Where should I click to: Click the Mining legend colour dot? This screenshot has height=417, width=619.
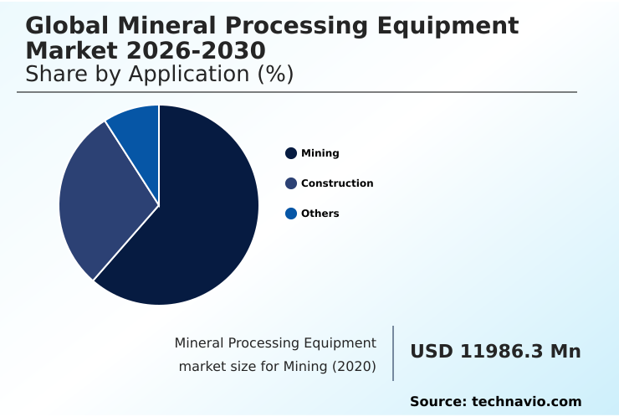[x=291, y=153]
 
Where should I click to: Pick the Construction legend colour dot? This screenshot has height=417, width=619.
[x=291, y=183]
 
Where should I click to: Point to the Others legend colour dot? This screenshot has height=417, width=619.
[x=291, y=214]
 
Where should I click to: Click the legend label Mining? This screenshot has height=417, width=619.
[x=320, y=153]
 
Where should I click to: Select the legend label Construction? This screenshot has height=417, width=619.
[x=337, y=183]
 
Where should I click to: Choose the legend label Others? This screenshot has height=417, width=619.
[x=320, y=214]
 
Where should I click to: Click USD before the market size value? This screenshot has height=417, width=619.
[x=431, y=352]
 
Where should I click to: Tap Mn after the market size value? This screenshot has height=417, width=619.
[x=565, y=352]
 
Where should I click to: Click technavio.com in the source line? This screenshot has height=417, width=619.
[x=526, y=402]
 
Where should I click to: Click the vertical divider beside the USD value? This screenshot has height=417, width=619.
[x=393, y=353]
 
